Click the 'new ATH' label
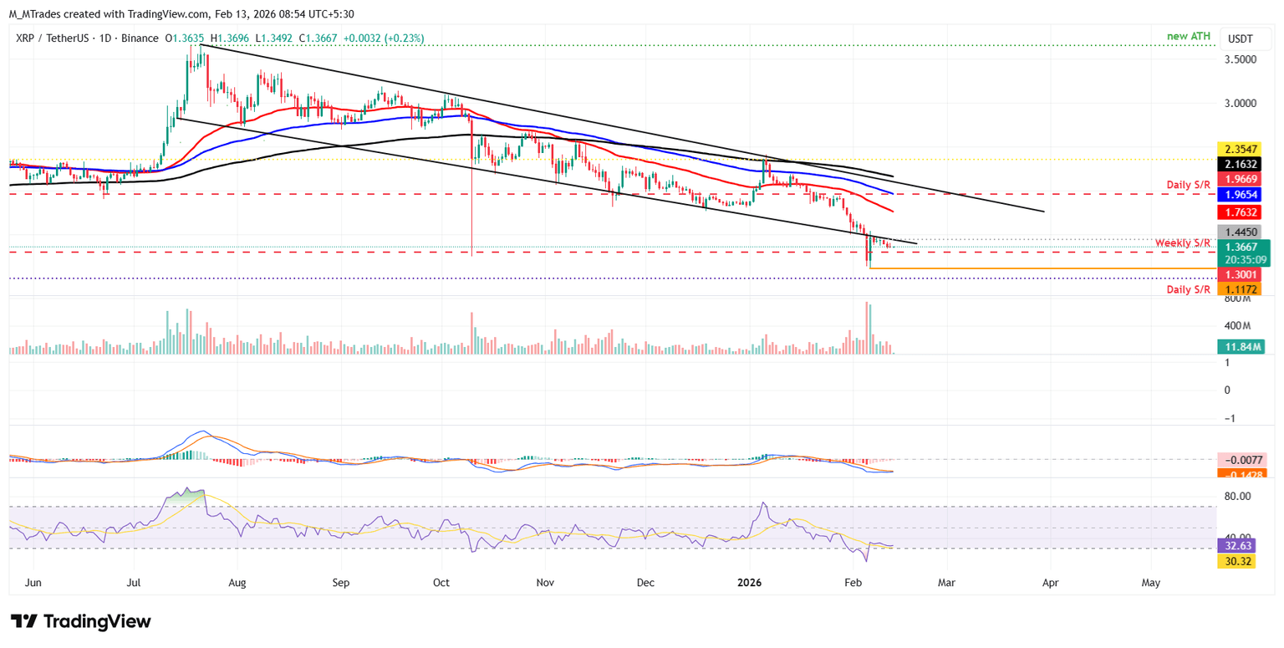click(x=1189, y=37)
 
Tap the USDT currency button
click(x=1240, y=38)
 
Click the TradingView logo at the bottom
click(x=80, y=621)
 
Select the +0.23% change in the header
click(x=401, y=38)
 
